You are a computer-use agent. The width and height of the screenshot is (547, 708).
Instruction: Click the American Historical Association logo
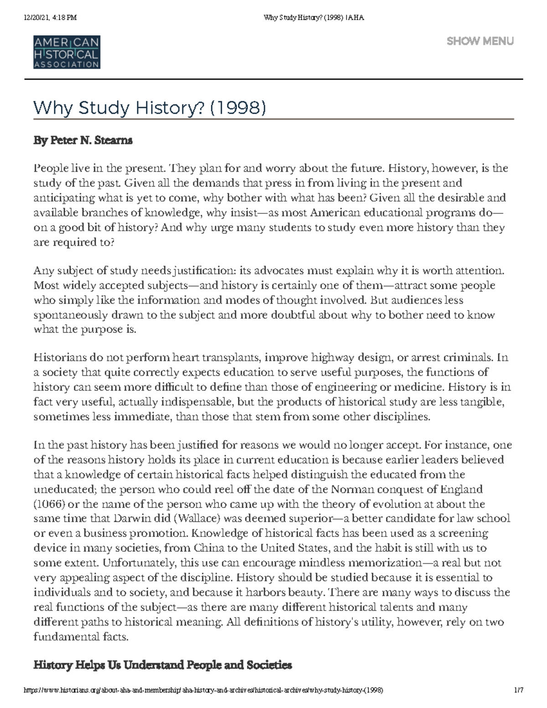point(67,52)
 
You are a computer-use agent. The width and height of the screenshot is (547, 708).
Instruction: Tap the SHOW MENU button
point(480,41)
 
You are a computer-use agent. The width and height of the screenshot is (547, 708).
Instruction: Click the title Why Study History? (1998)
point(150,108)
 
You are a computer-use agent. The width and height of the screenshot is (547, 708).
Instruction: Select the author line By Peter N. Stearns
point(83,140)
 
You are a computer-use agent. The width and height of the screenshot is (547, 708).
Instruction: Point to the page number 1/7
point(518,690)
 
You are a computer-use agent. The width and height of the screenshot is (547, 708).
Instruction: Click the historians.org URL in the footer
point(203,690)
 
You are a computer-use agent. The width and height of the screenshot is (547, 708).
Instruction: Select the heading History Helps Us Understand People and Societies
point(162,665)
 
